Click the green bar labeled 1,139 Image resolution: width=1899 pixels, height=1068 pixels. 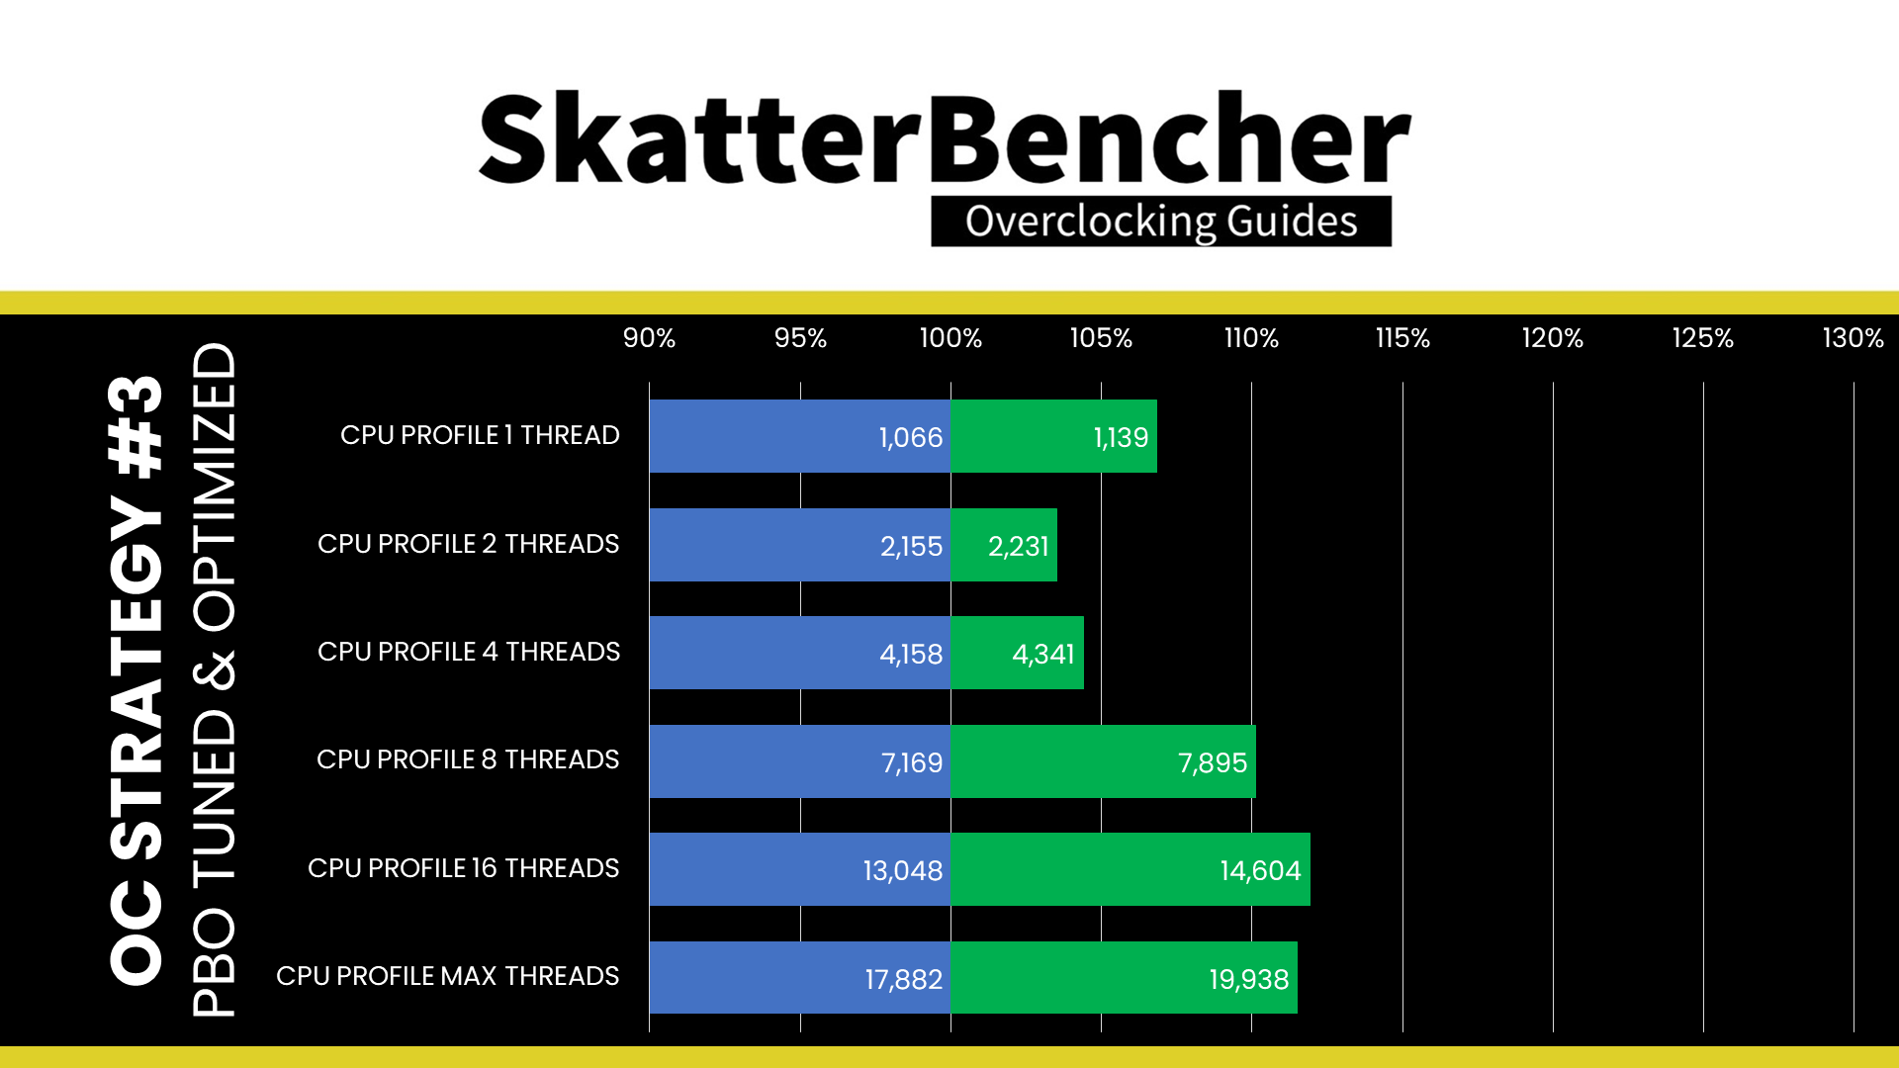pyautogui.click(x=1053, y=436)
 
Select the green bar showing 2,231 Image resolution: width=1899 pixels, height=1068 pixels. pyautogui.click(x=1004, y=545)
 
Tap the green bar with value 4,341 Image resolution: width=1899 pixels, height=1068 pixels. pyautogui.click(x=1017, y=653)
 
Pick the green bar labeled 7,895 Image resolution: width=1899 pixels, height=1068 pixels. pyautogui.click(x=1103, y=761)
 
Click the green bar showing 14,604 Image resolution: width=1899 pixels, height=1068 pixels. pyautogui.click(x=1130, y=869)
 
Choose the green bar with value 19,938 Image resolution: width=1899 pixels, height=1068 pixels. pyautogui.click(x=1124, y=977)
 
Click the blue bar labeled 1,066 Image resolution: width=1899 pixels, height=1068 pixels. pyautogui.click(x=800, y=436)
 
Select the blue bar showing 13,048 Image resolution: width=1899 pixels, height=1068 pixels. pyautogui.click(x=800, y=869)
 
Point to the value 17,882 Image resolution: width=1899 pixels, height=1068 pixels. pyautogui.click(x=904, y=979)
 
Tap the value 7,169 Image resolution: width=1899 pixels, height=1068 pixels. pyautogui.click(x=912, y=762)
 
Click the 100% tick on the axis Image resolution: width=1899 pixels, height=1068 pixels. pyautogui.click(x=950, y=338)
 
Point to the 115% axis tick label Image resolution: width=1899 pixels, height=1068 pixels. pyautogui.click(x=1402, y=338)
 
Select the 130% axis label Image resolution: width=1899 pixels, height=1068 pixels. pyautogui.click(x=1853, y=338)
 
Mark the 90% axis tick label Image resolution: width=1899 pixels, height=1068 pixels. pyautogui.click(x=649, y=338)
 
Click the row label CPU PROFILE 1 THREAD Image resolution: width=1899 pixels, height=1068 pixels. pyautogui.click(x=480, y=435)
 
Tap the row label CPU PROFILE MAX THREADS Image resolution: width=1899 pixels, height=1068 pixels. pyautogui.click(x=447, y=976)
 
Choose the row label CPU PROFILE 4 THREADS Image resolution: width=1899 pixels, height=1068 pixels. pyautogui.click(x=469, y=652)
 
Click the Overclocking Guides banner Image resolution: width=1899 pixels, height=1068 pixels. pyautogui.click(x=1161, y=221)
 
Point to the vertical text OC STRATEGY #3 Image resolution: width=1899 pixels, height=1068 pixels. pyautogui.click(x=136, y=680)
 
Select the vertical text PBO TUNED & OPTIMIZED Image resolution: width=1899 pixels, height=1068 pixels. pyautogui.click(x=214, y=679)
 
